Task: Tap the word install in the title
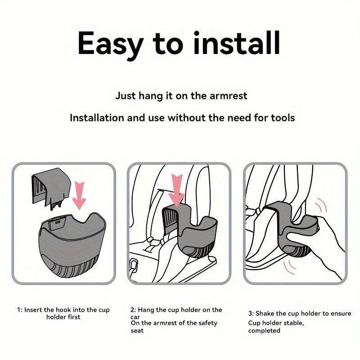click(237, 43)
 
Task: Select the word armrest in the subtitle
click(229, 96)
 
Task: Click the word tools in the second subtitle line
click(283, 118)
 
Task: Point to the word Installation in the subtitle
click(97, 118)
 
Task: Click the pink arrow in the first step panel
click(79, 195)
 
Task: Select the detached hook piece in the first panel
click(51, 189)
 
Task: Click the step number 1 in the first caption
click(19, 310)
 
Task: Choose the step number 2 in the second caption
click(133, 310)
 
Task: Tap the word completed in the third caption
click(264, 331)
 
